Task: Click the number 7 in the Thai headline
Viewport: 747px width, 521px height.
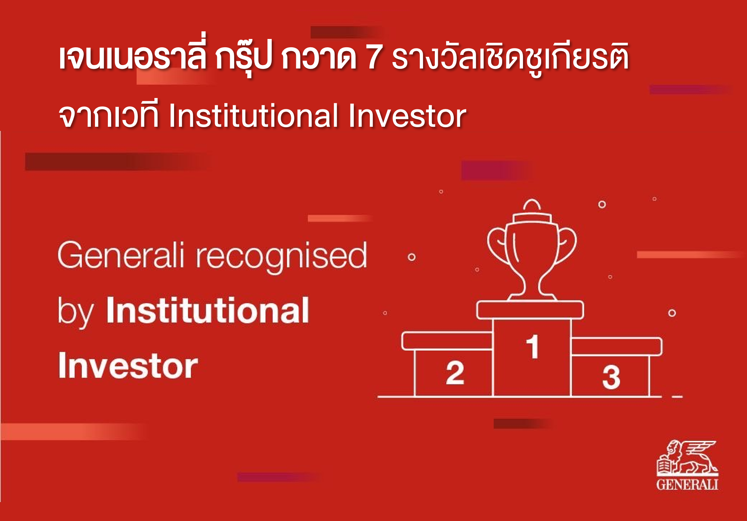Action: [373, 57]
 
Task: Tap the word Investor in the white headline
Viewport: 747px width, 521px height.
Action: [407, 115]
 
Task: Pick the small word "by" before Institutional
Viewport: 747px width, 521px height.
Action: [75, 312]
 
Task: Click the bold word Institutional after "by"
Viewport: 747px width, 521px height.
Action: [208, 310]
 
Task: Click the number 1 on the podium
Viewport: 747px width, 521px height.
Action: [532, 346]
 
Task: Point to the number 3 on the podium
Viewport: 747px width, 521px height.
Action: [611, 377]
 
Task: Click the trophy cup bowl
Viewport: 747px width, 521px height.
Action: [532, 246]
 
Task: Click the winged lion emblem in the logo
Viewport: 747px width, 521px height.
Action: [687, 458]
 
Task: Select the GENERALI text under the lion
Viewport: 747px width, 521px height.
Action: [687, 485]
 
